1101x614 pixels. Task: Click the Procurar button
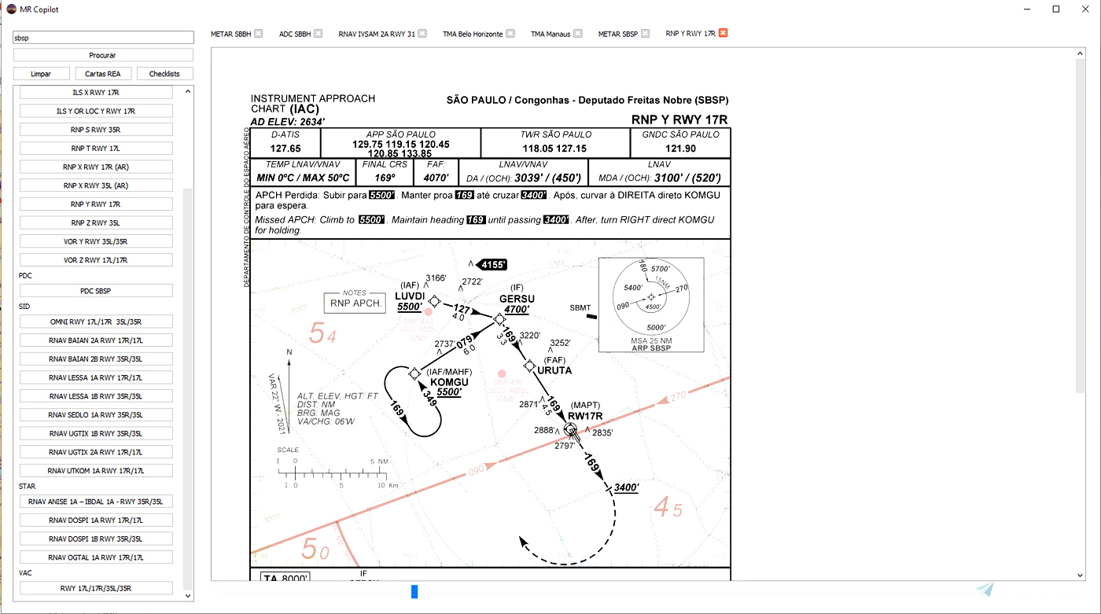pyautogui.click(x=103, y=55)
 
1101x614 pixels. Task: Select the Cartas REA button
pyautogui.click(x=103, y=74)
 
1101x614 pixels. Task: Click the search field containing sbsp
pyautogui.click(x=103, y=38)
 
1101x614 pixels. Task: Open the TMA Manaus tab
pyautogui.click(x=550, y=34)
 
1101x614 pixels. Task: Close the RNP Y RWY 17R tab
pyautogui.click(x=723, y=33)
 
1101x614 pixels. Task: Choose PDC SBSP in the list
pyautogui.click(x=96, y=291)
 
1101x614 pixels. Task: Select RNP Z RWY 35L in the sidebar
pyautogui.click(x=96, y=222)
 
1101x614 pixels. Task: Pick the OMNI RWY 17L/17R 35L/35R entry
pyautogui.click(x=96, y=322)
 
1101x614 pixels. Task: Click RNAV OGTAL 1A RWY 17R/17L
pyautogui.click(x=96, y=557)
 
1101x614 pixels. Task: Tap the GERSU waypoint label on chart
pyautogui.click(x=517, y=299)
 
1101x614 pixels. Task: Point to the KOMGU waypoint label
pyautogui.click(x=449, y=381)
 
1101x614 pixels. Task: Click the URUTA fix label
pyautogui.click(x=554, y=370)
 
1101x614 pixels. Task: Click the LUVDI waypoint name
pyautogui.click(x=410, y=296)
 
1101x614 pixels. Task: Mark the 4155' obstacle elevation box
pyautogui.click(x=494, y=265)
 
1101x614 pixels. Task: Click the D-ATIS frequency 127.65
pyautogui.click(x=285, y=148)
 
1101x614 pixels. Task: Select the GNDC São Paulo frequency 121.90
pyautogui.click(x=680, y=148)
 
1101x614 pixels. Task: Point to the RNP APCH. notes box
pyautogui.click(x=355, y=303)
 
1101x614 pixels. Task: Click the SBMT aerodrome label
pyautogui.click(x=580, y=308)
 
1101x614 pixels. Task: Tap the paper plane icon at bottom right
pyautogui.click(x=985, y=590)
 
